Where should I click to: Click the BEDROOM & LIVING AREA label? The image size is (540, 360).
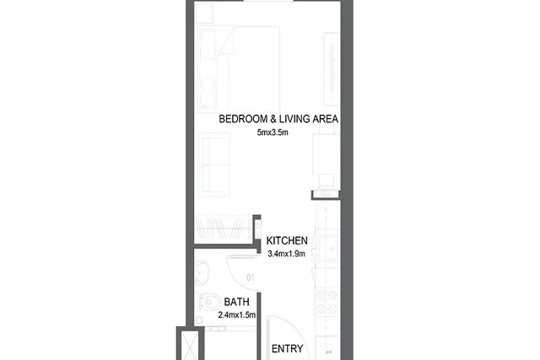click(278, 119)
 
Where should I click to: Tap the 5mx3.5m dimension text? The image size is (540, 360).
click(273, 132)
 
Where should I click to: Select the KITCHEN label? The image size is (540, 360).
click(287, 240)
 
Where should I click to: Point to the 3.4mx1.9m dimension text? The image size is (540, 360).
click(287, 254)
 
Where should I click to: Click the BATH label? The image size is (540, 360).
click(236, 302)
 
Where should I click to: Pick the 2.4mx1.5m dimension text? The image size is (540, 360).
click(237, 315)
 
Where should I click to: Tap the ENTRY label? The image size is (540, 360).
click(287, 349)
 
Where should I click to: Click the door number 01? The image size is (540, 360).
click(251, 277)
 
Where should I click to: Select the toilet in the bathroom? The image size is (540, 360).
click(209, 302)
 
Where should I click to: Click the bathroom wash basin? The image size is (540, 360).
click(202, 272)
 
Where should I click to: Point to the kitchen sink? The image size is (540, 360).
click(329, 248)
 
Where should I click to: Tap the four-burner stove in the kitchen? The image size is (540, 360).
click(327, 302)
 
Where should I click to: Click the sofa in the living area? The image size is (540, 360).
click(214, 164)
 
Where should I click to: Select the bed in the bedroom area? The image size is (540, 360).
click(238, 69)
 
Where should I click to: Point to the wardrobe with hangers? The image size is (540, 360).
click(224, 228)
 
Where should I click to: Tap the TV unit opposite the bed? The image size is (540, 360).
click(332, 69)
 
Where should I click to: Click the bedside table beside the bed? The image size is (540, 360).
click(204, 13)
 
